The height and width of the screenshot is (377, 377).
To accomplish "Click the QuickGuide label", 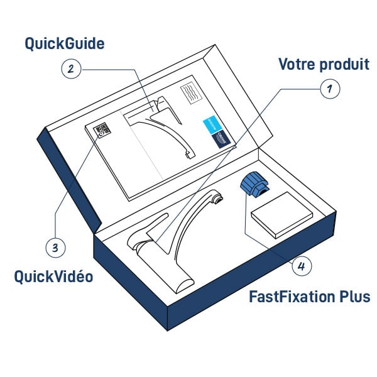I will pyautogui.click(x=65, y=44).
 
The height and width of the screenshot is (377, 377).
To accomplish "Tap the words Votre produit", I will pyautogui.click(x=323, y=64).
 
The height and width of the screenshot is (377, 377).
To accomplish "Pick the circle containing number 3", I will pyautogui.click(x=55, y=247).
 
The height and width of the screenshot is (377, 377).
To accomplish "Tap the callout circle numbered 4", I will pyautogui.click(x=301, y=266).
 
